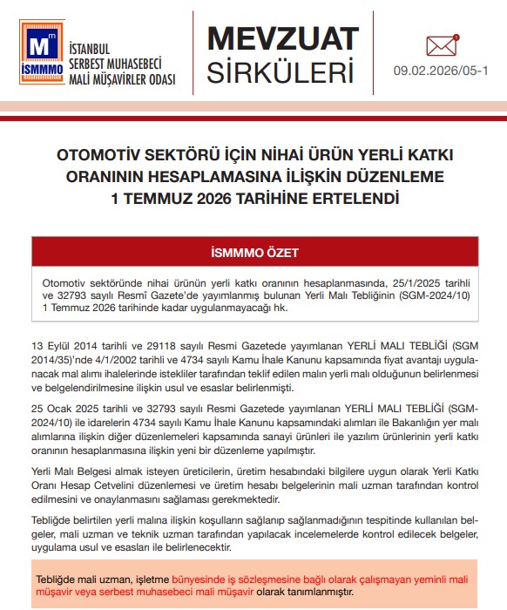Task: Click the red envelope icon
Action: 442,44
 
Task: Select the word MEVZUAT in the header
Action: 281,38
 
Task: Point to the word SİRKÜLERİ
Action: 281,72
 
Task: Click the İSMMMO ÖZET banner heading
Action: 254,253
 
